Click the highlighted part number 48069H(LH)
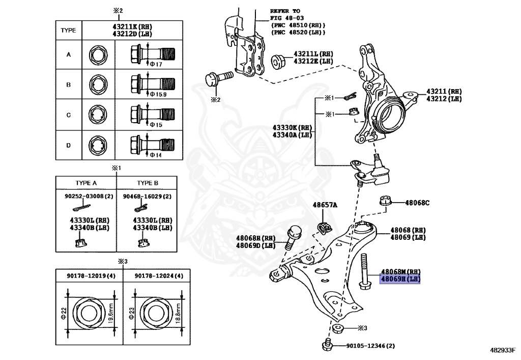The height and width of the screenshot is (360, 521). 400,280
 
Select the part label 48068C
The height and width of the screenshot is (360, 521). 417,203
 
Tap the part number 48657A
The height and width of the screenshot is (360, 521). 325,205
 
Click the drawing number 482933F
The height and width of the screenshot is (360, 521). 503,351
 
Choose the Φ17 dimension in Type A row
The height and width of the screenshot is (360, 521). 156,64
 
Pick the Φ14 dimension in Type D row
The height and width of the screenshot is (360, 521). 156,155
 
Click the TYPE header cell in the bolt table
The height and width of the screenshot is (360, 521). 68,31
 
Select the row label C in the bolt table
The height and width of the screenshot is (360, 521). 68,115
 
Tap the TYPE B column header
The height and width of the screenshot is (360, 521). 147,183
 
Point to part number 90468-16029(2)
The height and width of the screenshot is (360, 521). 147,196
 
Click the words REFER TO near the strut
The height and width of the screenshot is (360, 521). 285,11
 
